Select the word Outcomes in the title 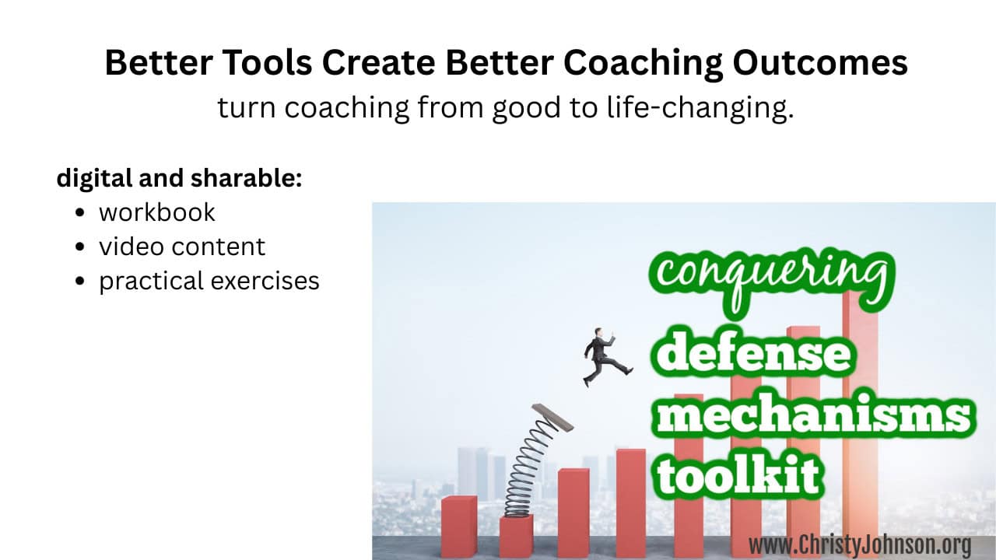tap(820, 63)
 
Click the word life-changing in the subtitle tap(700, 108)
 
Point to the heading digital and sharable tap(179, 178)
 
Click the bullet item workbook tap(157, 212)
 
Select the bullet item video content tap(182, 247)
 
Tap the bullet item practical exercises tap(209, 282)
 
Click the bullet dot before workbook tap(80, 212)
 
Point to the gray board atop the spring tap(552, 417)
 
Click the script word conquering tap(771, 280)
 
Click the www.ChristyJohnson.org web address tap(860, 545)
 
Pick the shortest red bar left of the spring tap(459, 527)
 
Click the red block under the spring tap(516, 537)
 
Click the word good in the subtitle tap(527, 108)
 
